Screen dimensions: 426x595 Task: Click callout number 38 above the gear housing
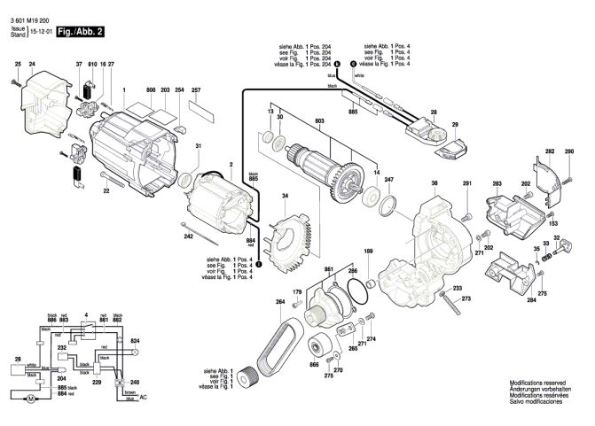(435, 183)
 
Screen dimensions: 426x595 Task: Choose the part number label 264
(280, 301)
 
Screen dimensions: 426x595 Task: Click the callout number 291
(467, 183)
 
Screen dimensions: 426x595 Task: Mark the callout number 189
(369, 251)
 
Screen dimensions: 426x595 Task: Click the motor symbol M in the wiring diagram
(31, 399)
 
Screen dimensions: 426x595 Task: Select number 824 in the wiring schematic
(135, 341)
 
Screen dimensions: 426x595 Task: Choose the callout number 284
(531, 300)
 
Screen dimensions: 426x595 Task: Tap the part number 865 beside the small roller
(314, 364)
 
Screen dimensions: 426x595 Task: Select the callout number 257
(196, 90)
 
